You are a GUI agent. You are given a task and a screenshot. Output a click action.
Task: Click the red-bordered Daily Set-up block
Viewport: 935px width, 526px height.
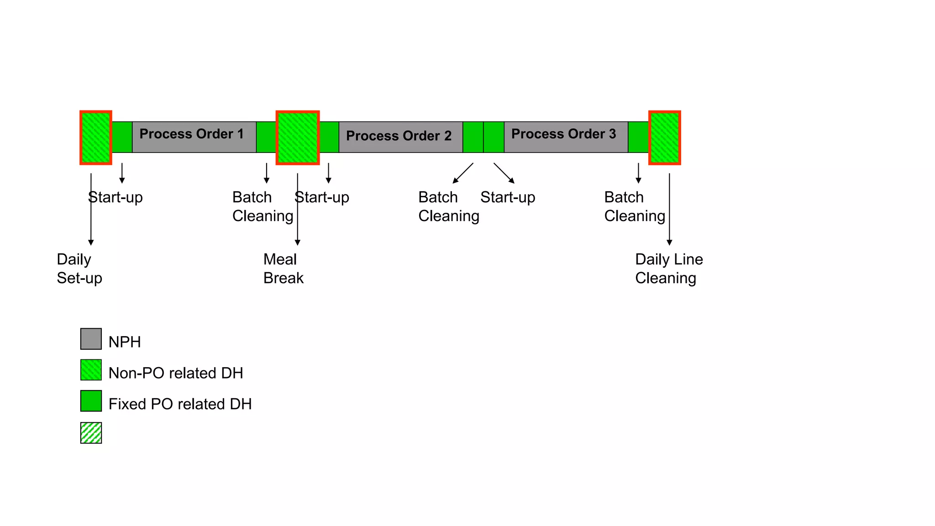pyautogui.click(x=96, y=137)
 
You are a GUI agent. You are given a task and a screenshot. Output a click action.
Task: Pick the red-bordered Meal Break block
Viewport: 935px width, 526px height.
pyautogui.click(x=298, y=137)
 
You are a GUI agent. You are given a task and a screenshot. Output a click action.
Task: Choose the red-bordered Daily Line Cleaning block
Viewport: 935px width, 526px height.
pyautogui.click(x=665, y=137)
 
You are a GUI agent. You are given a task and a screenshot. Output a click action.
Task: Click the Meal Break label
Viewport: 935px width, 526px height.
pyautogui.click(x=283, y=268)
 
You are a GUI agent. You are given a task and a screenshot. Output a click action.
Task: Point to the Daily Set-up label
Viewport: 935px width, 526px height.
pyautogui.click(x=79, y=268)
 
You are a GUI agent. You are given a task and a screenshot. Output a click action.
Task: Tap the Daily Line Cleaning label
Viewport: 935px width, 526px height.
pyautogui.click(x=668, y=268)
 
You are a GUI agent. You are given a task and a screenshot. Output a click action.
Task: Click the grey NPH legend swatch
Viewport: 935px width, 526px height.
pyautogui.click(x=91, y=339)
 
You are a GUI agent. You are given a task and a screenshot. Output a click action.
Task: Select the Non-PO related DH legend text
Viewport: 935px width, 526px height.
pyautogui.click(x=175, y=373)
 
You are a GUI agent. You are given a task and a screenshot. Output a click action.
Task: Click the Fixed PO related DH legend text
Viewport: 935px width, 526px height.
pyautogui.click(x=180, y=404)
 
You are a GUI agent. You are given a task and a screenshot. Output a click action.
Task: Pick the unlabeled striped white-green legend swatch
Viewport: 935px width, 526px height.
pyautogui.click(x=91, y=432)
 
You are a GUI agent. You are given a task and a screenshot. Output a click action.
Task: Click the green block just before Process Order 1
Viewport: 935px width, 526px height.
pyautogui.click(x=122, y=137)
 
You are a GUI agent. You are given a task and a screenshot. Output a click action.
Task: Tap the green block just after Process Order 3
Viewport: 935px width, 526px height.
pyautogui.click(x=638, y=137)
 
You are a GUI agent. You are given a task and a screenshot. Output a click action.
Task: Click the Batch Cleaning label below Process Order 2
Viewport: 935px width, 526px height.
pyautogui.click(x=448, y=206)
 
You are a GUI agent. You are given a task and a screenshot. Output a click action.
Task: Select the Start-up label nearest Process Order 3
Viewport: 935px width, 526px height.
pyautogui.click(x=507, y=197)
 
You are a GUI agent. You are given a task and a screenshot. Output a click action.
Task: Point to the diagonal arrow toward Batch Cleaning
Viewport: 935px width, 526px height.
pyautogui.click(x=463, y=173)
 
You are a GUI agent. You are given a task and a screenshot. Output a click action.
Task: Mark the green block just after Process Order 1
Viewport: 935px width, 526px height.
pyautogui.click(x=266, y=137)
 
